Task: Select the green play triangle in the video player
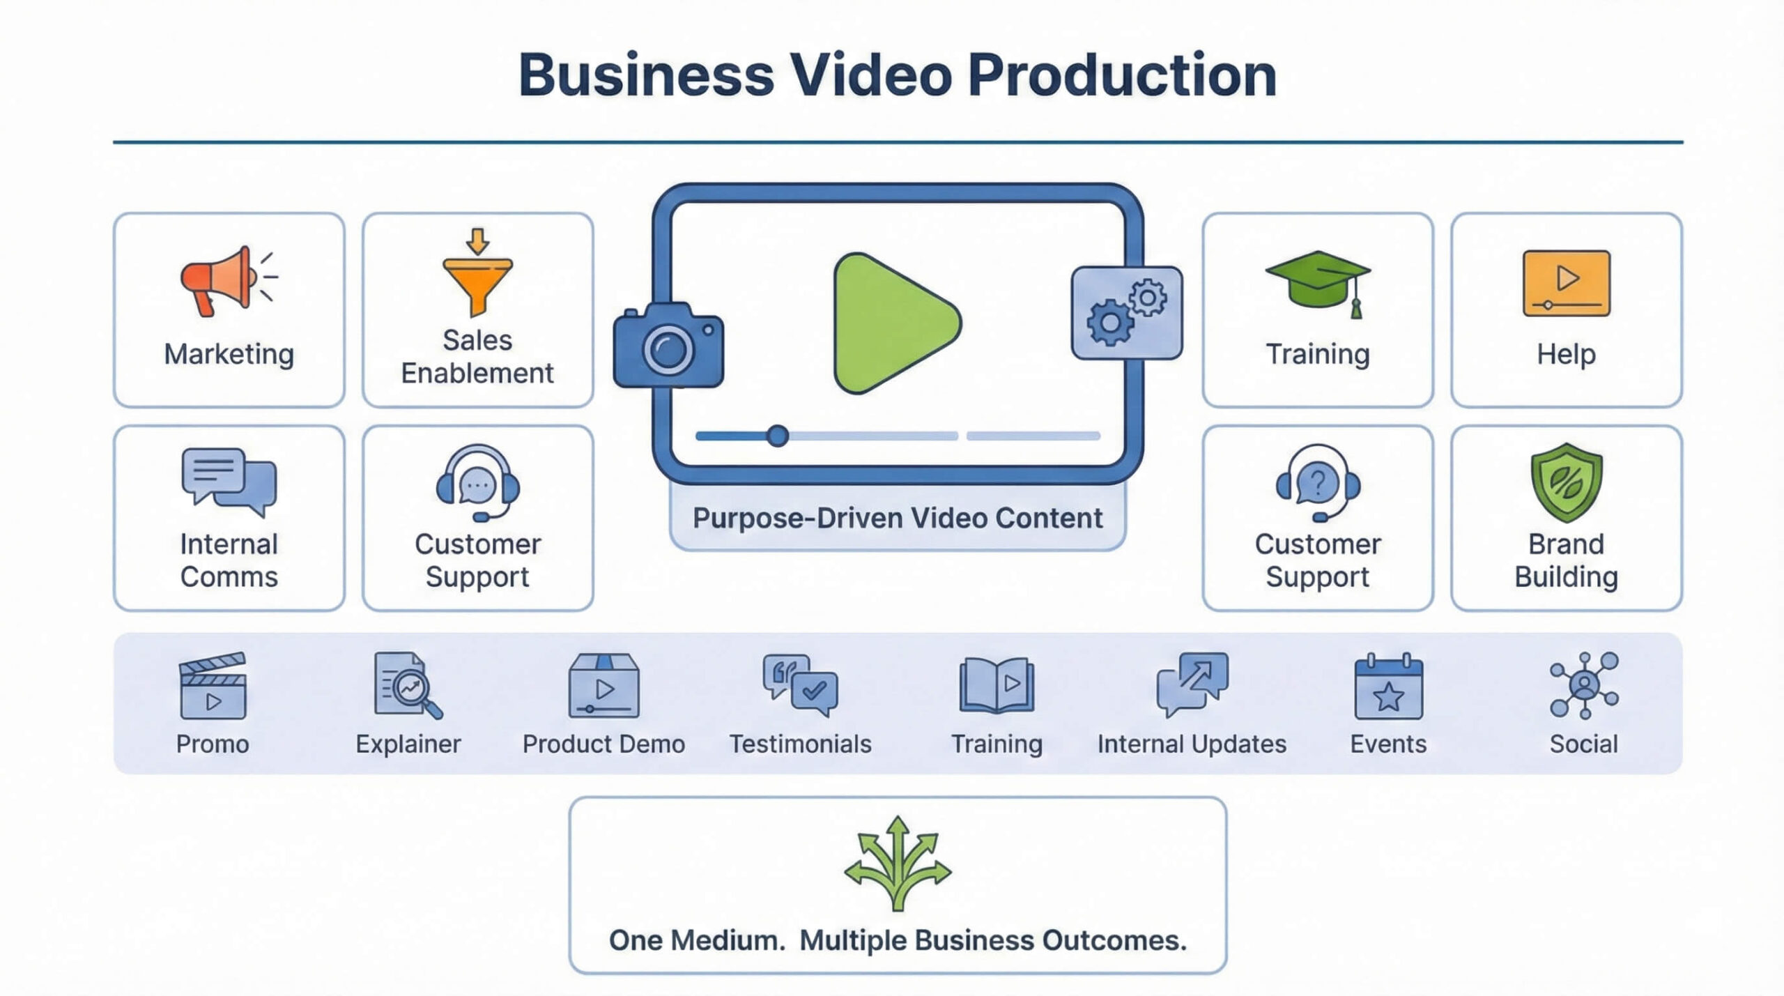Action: click(x=893, y=323)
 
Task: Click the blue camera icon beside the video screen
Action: click(x=668, y=346)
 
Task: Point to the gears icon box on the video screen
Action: click(x=1126, y=312)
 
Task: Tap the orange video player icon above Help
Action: click(x=1566, y=283)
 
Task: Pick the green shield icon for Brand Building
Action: click(x=1566, y=482)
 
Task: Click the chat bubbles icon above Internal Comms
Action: click(x=229, y=481)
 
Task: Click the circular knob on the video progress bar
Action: click(x=777, y=436)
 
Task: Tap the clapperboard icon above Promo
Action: click(x=213, y=686)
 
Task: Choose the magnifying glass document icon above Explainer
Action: click(x=408, y=686)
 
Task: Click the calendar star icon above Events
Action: click(x=1388, y=687)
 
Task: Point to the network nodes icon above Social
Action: click(x=1583, y=686)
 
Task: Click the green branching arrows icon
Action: click(x=898, y=863)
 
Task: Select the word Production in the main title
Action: click(x=1122, y=75)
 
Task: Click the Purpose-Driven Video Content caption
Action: click(x=898, y=519)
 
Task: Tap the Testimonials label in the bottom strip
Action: click(x=800, y=744)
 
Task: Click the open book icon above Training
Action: click(x=997, y=686)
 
